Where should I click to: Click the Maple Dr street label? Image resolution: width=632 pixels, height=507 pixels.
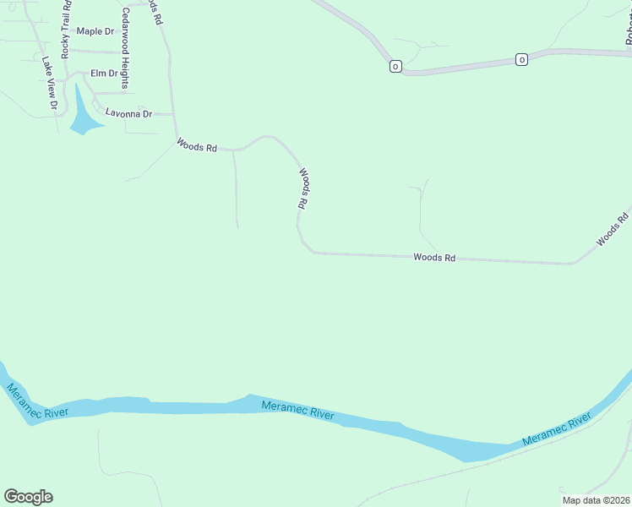click(95, 32)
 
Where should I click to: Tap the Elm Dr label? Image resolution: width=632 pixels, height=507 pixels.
click(104, 74)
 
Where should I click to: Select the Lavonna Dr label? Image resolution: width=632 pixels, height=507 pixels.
click(128, 113)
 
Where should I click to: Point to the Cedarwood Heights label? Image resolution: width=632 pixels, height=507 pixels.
click(125, 48)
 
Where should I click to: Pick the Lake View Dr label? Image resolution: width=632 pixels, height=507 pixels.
click(48, 83)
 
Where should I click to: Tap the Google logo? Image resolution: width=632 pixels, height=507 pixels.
click(28, 497)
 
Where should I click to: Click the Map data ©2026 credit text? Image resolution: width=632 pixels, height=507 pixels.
click(596, 499)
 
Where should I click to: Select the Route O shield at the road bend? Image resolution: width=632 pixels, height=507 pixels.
click(395, 66)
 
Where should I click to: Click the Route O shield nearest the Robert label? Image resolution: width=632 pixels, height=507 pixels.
click(521, 59)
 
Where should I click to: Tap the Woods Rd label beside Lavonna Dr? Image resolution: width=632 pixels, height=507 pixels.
click(197, 146)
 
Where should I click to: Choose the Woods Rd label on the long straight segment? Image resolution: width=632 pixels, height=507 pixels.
click(434, 257)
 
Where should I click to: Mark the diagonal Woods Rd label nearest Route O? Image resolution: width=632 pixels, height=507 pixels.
click(613, 229)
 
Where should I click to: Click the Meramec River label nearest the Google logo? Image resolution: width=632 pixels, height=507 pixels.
click(37, 404)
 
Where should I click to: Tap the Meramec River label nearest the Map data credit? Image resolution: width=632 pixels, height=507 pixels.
click(557, 431)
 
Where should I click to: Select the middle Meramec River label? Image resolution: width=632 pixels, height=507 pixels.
click(298, 411)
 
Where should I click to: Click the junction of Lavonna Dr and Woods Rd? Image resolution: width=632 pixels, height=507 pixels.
click(173, 114)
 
